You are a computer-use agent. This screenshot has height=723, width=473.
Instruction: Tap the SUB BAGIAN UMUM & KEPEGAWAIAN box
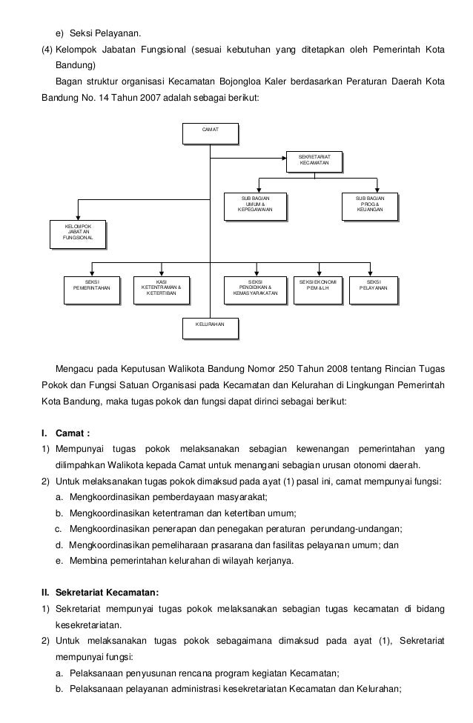pos(255,204)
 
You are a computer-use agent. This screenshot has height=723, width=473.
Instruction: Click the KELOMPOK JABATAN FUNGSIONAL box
pos(78,232)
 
